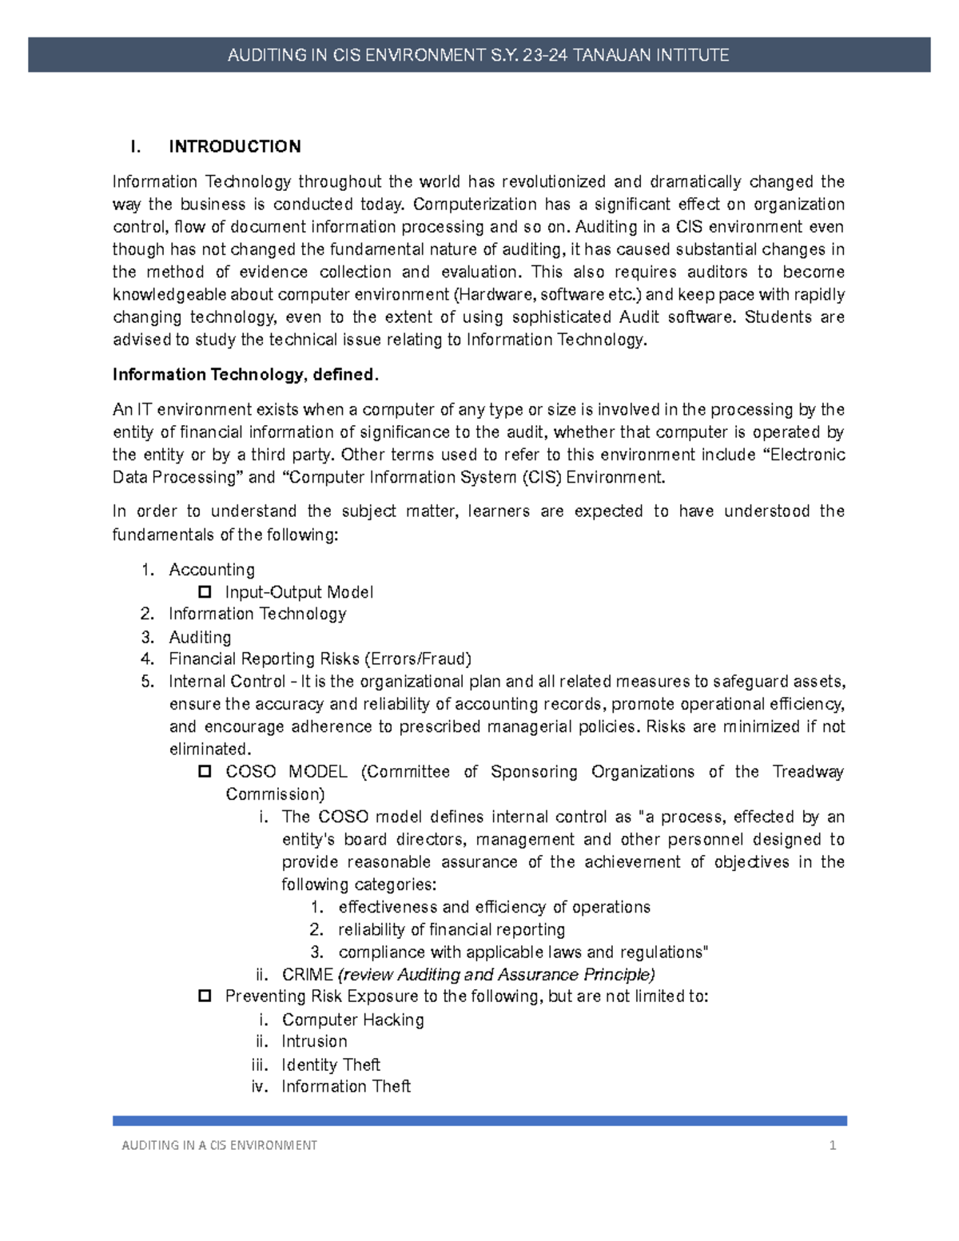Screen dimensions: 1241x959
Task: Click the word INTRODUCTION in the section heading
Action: click(235, 146)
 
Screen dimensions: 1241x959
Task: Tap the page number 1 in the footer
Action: click(833, 1145)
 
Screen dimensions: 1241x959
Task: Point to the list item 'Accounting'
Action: click(212, 570)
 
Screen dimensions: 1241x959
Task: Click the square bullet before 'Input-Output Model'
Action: click(205, 592)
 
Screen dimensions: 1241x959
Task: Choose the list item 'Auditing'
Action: click(200, 637)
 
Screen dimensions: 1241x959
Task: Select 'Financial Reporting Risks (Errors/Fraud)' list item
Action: click(320, 659)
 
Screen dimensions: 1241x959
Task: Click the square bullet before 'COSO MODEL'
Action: click(205, 772)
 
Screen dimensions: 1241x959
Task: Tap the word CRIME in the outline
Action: click(308, 975)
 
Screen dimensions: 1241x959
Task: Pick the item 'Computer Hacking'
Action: click(352, 1020)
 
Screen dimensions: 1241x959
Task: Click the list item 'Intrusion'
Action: click(314, 1042)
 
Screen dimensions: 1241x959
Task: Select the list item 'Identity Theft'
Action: click(331, 1064)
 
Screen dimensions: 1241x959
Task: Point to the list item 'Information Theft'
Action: click(346, 1087)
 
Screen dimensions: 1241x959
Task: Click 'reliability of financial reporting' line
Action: click(452, 929)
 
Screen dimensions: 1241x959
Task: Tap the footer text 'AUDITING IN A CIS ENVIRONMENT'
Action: click(219, 1145)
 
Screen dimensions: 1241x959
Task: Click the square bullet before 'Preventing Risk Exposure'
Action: click(205, 996)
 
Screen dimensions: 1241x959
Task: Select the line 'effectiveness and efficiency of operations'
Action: click(494, 907)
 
